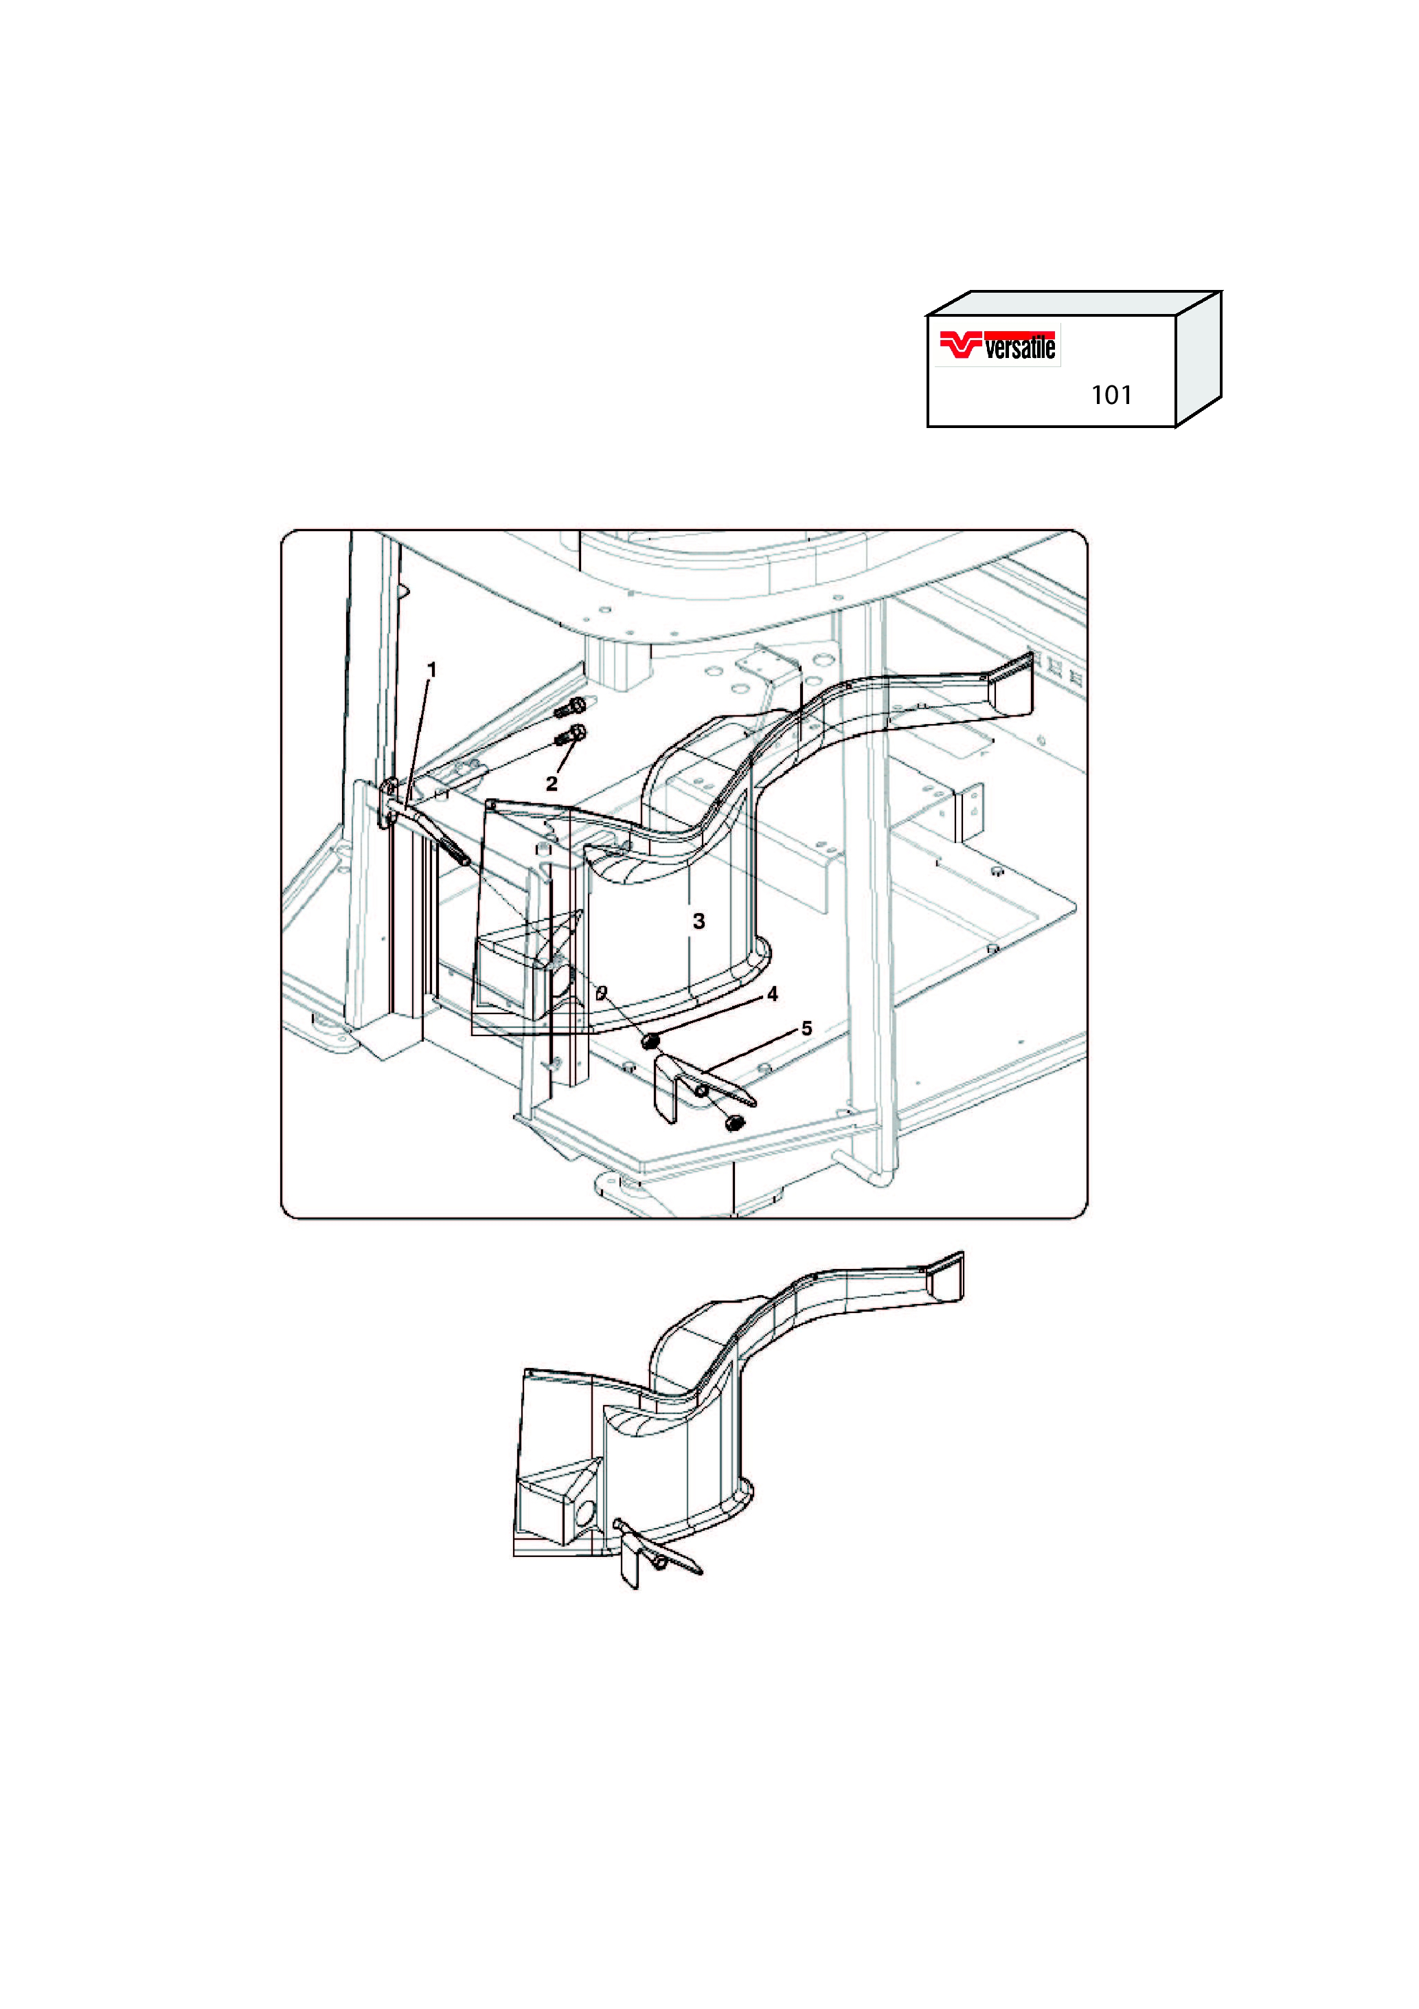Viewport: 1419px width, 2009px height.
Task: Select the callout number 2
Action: [x=551, y=784]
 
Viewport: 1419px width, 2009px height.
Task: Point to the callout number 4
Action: [x=773, y=995]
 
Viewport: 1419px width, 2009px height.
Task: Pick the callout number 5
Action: [x=806, y=1029]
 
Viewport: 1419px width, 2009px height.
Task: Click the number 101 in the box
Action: [x=1111, y=396]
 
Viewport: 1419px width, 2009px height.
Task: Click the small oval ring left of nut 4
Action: [x=601, y=992]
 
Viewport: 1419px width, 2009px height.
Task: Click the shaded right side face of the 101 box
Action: [x=1199, y=359]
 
